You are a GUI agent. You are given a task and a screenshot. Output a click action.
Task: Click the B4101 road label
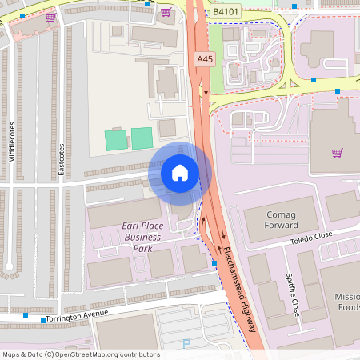(226, 12)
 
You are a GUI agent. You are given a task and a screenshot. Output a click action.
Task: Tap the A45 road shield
(205, 58)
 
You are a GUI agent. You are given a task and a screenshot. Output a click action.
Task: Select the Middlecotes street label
(12, 143)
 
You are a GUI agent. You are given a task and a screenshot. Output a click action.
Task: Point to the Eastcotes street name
(62, 159)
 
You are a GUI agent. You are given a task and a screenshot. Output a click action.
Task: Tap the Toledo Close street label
(311, 238)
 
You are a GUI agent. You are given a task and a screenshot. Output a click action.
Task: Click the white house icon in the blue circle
(180, 172)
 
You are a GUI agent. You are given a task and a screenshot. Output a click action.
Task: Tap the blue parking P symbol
(186, 344)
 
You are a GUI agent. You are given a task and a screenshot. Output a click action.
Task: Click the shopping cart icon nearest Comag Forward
(337, 152)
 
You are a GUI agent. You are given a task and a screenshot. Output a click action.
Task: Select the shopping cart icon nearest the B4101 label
(166, 12)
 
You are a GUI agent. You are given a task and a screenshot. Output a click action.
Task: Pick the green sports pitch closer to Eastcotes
(116, 138)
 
